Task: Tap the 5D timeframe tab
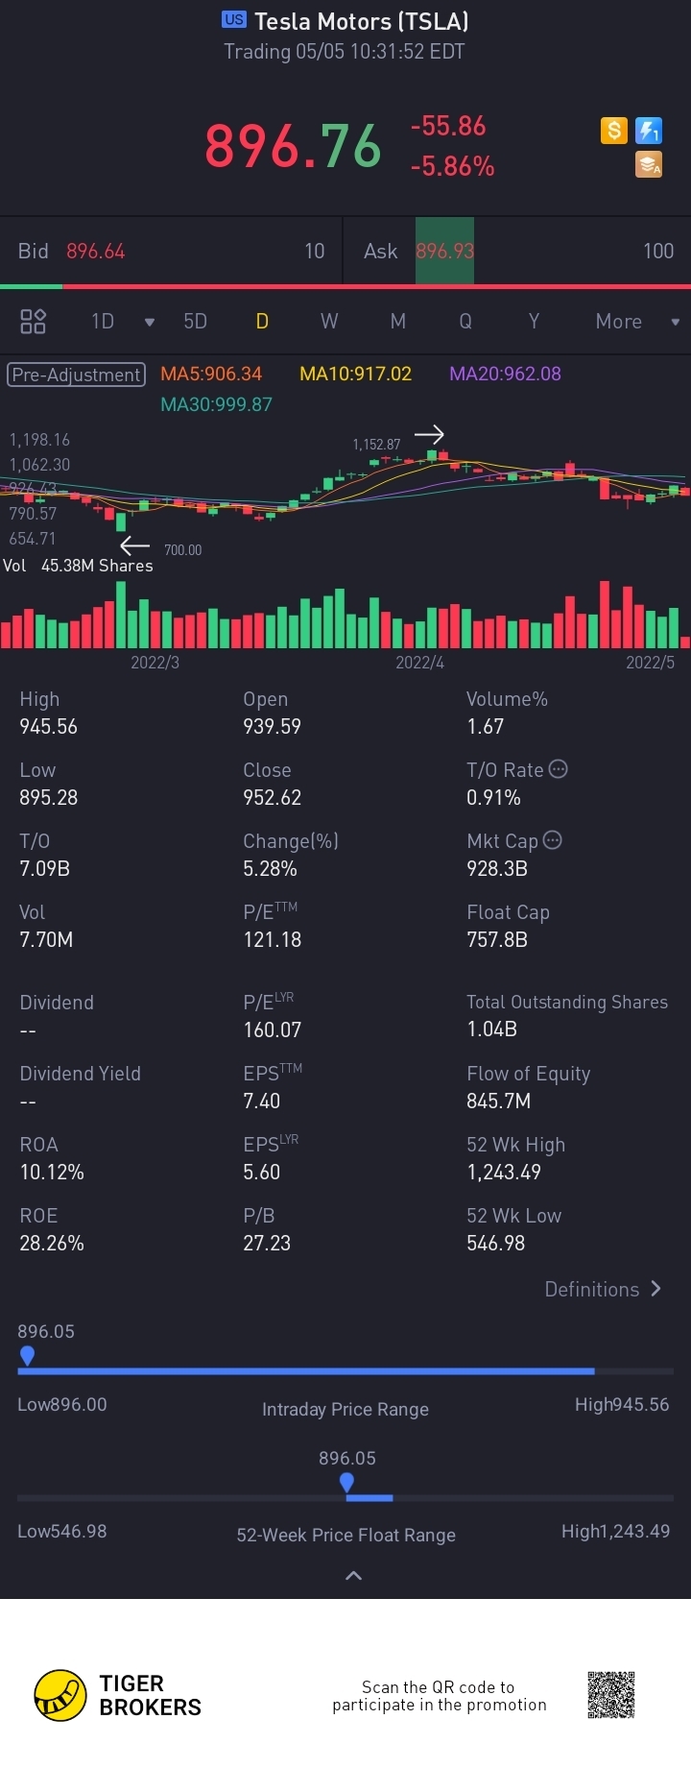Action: coord(195,322)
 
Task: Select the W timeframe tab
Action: coord(329,322)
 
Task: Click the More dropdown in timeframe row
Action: coord(635,322)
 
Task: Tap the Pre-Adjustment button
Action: coord(77,375)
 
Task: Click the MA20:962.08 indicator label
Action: coord(505,374)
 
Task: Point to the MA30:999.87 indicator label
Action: coord(216,404)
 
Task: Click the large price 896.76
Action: coord(293,147)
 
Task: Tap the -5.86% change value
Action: coord(452,167)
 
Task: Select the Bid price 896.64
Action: coord(96,252)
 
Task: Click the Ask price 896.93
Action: coord(444,252)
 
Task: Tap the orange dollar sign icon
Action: coord(614,131)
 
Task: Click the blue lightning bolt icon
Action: coord(650,131)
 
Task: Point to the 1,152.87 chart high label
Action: coord(376,445)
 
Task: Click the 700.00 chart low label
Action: coord(182,550)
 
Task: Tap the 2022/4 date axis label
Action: coord(419,663)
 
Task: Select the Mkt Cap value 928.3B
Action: coord(497,868)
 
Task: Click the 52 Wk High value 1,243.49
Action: coord(504,1172)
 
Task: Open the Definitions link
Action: coord(603,1290)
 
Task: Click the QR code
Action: coord(611,1694)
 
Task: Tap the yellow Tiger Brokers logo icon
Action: coord(60,1695)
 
